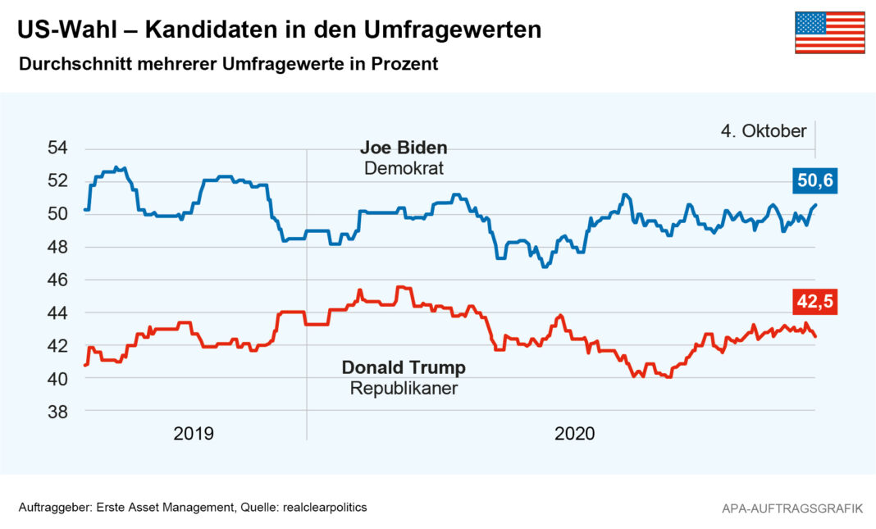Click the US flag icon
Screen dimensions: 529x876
click(829, 33)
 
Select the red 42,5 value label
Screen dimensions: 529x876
click(814, 302)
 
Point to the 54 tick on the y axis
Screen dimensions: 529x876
click(57, 148)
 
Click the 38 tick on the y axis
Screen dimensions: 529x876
click(57, 413)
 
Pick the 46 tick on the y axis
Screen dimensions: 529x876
click(57, 280)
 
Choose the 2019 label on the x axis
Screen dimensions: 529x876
click(194, 434)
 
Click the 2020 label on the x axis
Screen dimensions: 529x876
click(574, 434)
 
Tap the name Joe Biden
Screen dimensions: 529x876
click(404, 148)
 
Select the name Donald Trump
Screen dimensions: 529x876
click(404, 367)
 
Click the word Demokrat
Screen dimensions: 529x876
click(404, 169)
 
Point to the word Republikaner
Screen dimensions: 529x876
click(404, 388)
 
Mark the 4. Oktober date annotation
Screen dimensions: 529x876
click(764, 131)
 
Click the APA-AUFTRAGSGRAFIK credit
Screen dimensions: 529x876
click(792, 508)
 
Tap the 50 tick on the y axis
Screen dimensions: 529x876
click(57, 214)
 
